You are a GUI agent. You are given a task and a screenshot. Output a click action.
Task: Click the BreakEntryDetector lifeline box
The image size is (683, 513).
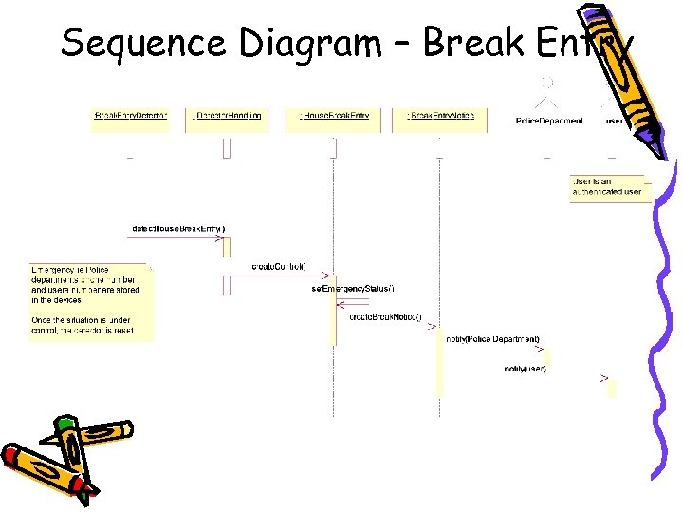point(130,117)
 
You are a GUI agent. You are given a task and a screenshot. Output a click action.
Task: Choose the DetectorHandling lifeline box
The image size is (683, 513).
point(228,117)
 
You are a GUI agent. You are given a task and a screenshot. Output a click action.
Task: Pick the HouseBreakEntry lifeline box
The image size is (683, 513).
point(334,117)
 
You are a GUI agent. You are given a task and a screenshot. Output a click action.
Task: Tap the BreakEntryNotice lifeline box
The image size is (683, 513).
point(440,117)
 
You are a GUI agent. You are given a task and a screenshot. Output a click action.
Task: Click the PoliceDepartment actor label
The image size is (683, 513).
point(547,121)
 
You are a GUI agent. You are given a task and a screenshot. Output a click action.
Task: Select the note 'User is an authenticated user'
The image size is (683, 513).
point(607,187)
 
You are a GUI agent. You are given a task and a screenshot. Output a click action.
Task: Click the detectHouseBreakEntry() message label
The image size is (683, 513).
point(178,228)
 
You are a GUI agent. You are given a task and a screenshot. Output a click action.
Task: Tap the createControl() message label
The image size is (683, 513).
point(279,267)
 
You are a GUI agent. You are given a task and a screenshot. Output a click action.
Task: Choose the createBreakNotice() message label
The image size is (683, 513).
point(386,316)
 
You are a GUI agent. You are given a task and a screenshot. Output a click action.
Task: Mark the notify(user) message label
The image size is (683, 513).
point(525,369)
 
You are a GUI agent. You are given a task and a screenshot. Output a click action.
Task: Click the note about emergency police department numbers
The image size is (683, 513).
point(90,300)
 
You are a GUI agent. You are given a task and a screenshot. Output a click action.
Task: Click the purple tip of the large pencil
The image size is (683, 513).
point(656,147)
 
